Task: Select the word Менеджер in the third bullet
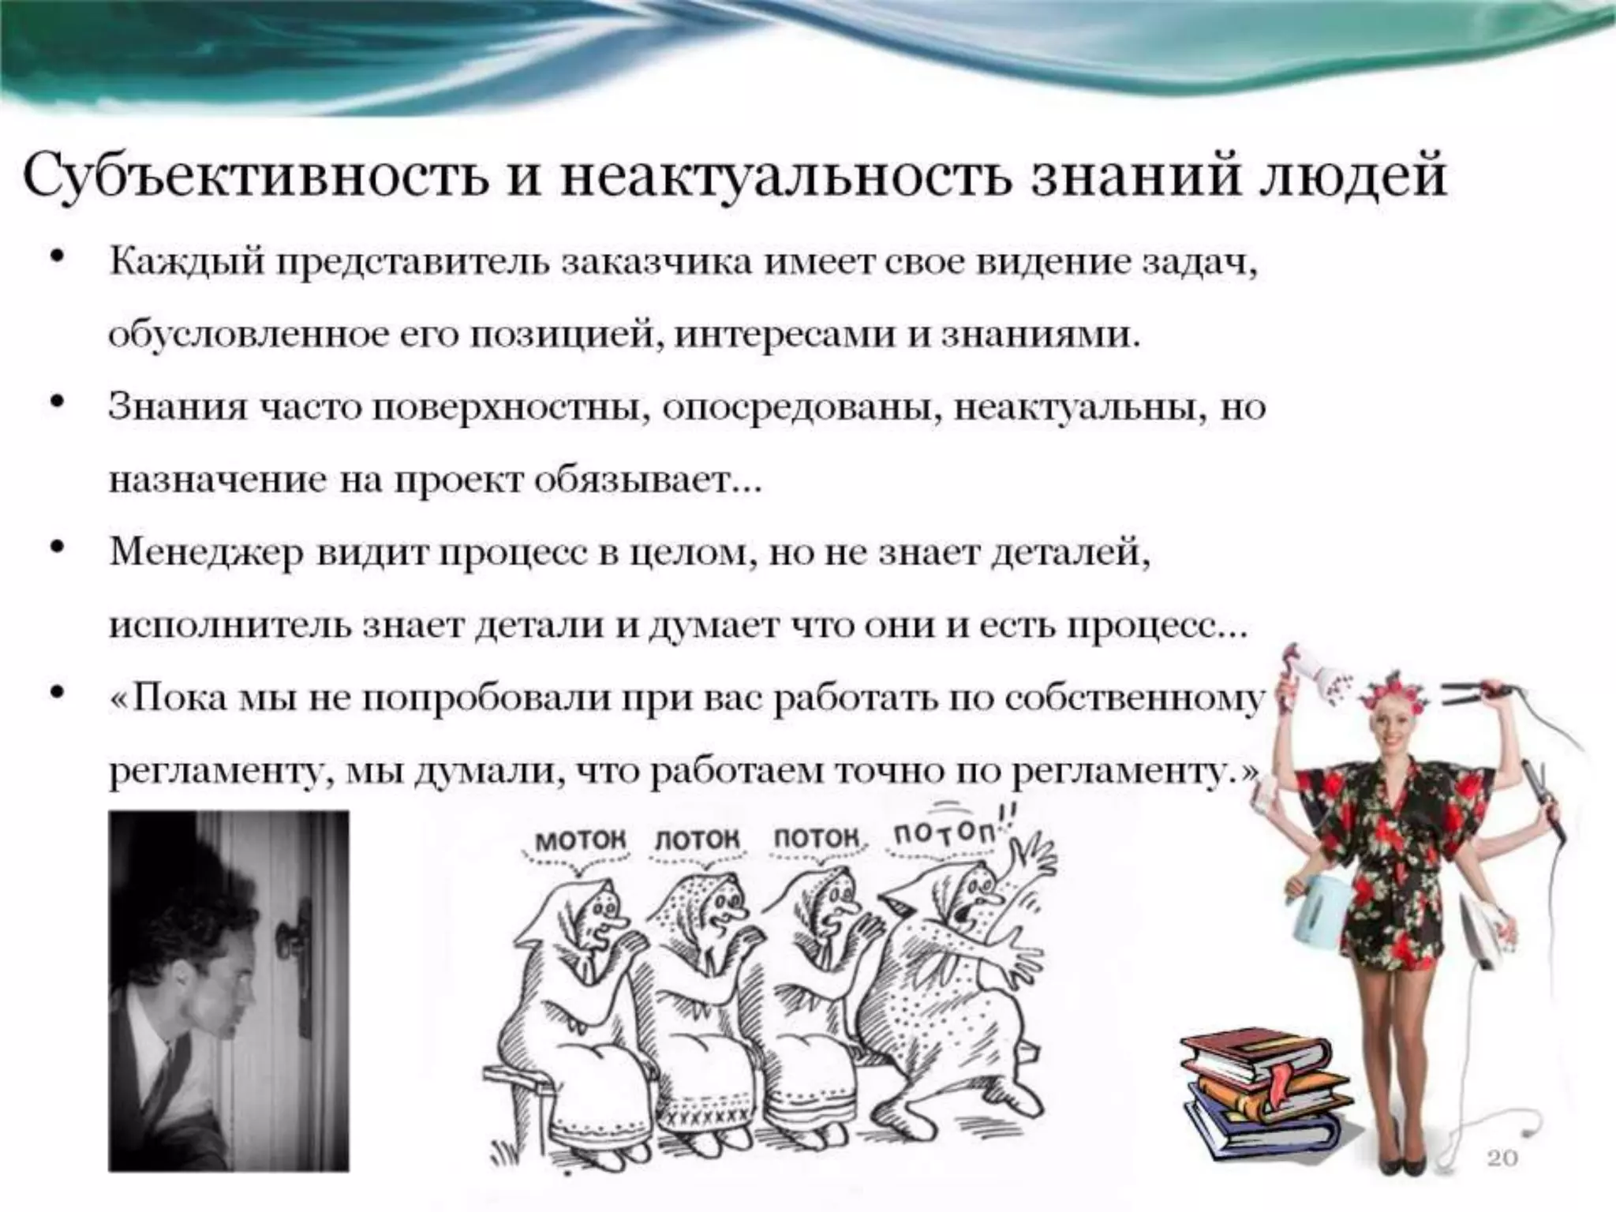tap(206, 552)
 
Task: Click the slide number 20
tap(1502, 1158)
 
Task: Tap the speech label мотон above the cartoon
tap(581, 840)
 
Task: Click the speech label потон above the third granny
tap(815, 837)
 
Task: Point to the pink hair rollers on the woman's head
tap(1397, 694)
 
